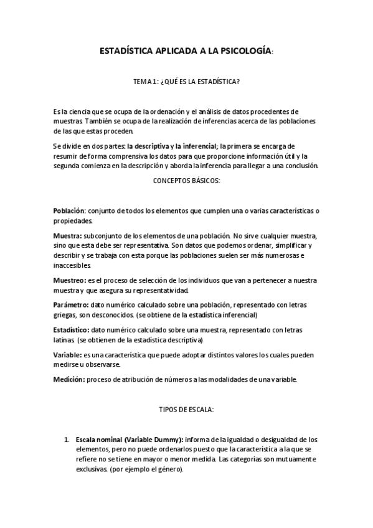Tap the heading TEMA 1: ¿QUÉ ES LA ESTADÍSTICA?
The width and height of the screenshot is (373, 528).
[x=186, y=82]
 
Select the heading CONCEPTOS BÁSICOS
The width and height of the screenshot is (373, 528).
[x=186, y=181]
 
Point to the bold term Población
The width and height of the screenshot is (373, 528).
[x=68, y=211]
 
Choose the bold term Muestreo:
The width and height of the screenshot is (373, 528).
[x=70, y=281]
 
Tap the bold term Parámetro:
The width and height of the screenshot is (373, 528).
[x=72, y=305]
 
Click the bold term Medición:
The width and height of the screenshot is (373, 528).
[x=69, y=379]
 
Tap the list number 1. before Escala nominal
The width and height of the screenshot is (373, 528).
[x=67, y=440]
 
